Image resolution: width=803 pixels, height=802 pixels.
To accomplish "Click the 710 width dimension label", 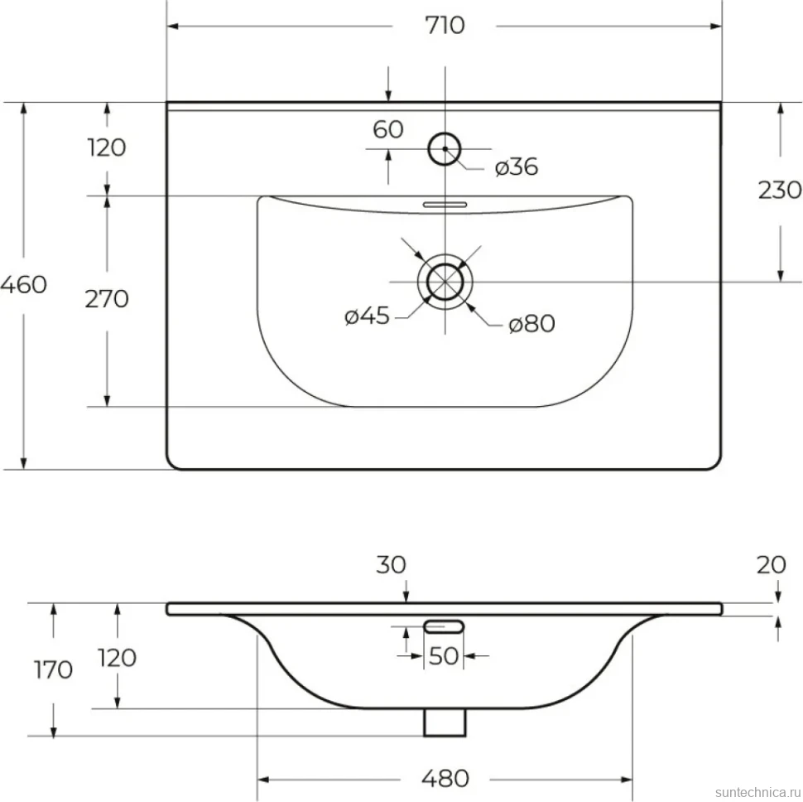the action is click(445, 25).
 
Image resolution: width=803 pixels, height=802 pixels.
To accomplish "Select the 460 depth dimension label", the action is click(23, 284).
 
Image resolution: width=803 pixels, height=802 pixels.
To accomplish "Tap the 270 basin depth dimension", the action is click(107, 299).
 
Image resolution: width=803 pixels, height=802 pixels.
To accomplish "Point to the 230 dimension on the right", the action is click(780, 190).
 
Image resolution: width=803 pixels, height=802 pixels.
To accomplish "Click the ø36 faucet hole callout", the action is click(517, 167).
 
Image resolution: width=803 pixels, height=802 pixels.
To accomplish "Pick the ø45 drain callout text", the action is click(367, 316).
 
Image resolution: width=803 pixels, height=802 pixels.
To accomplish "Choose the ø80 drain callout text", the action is click(531, 324).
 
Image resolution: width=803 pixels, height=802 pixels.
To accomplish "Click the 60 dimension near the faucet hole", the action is click(387, 129).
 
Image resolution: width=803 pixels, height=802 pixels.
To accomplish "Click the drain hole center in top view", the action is click(445, 282).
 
